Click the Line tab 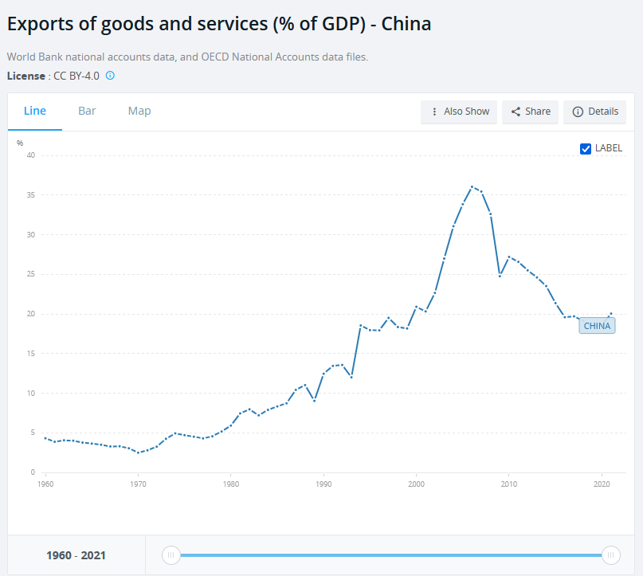(35, 111)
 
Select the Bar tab (87, 111)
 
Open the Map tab (139, 111)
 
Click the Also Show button (459, 112)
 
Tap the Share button (531, 112)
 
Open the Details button (594, 112)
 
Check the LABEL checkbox (586, 148)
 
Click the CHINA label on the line (597, 325)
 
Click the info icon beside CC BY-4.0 (111, 76)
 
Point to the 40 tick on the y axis (31, 155)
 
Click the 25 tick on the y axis (31, 274)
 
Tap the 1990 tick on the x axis (323, 484)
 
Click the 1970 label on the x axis (138, 484)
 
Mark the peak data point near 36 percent (472, 186)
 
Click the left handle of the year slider (171, 555)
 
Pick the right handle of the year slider (611, 555)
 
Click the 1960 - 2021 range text (76, 555)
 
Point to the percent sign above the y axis (20, 143)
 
